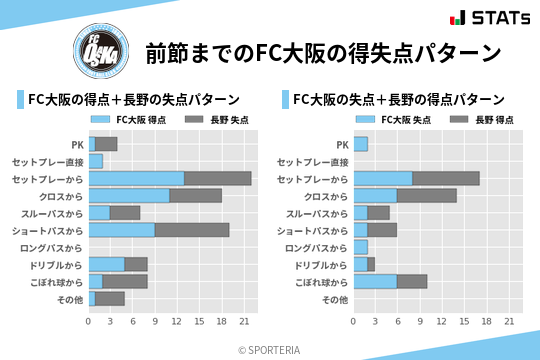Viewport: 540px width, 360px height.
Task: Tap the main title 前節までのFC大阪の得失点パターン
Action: [x=322, y=53]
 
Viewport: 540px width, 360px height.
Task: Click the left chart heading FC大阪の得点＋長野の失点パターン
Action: [x=133, y=99]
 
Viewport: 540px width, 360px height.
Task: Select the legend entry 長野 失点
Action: [x=219, y=119]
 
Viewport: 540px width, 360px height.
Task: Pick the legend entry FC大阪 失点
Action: [x=394, y=119]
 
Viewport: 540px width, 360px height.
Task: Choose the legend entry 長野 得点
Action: [x=484, y=119]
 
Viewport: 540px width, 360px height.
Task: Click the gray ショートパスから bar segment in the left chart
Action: [x=192, y=230]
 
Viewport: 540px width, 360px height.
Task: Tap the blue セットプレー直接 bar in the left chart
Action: [x=95, y=161]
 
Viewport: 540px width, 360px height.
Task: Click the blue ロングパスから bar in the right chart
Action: [x=361, y=247]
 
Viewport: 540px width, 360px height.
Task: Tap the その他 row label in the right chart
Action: [x=335, y=299]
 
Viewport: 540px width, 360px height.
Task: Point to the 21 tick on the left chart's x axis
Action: [x=243, y=322]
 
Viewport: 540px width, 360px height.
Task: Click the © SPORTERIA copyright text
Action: [x=270, y=350]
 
